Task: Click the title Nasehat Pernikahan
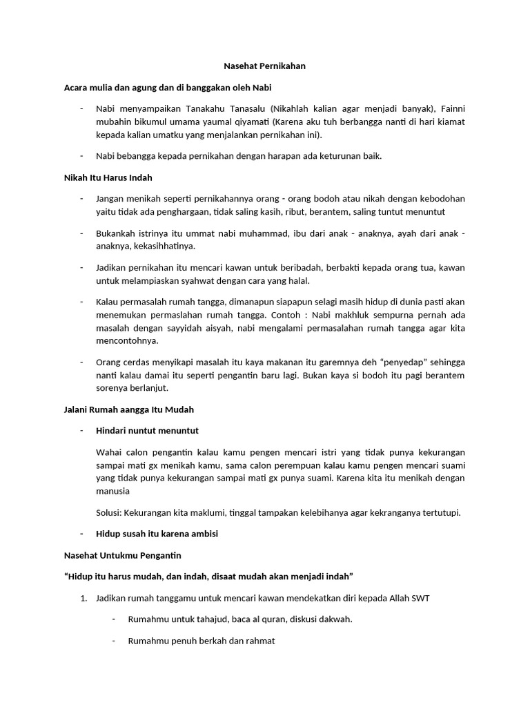click(264, 66)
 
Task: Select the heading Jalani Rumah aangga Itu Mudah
click(128, 409)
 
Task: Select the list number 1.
click(84, 598)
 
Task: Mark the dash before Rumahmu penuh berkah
click(114, 641)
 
